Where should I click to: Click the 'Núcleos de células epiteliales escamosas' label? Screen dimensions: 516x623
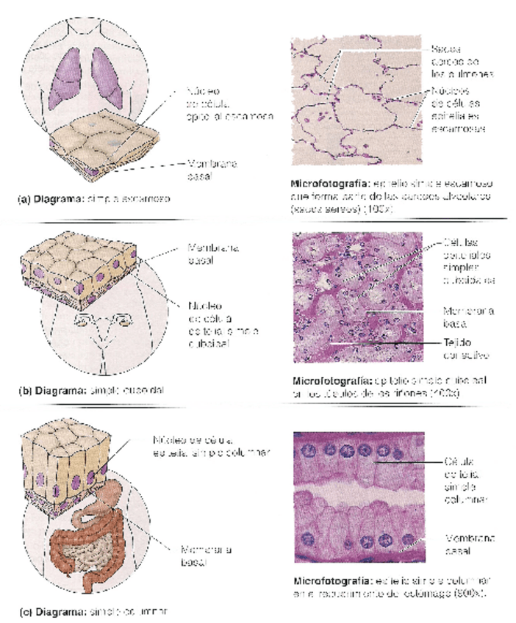coord(462,109)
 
